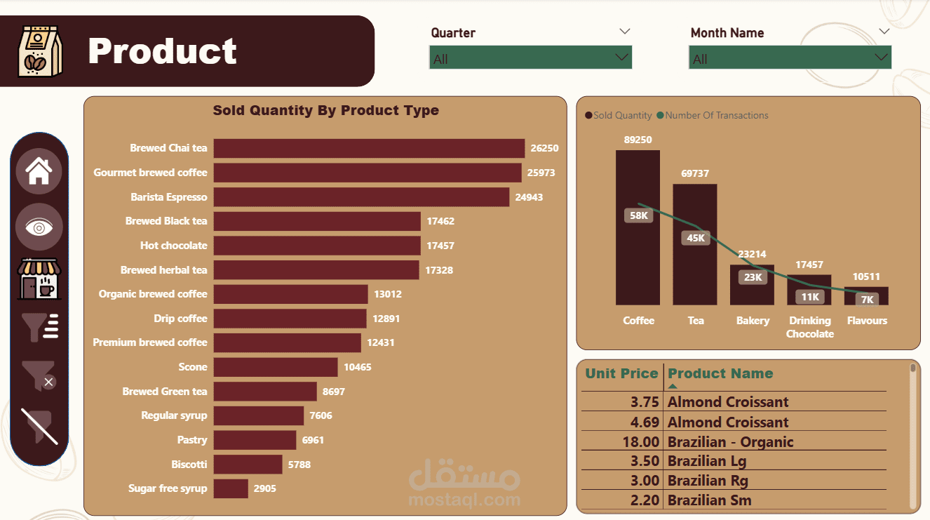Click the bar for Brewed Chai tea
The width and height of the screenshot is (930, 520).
(x=369, y=148)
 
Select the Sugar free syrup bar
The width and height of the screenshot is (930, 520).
(x=231, y=488)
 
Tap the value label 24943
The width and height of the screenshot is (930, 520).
(x=529, y=197)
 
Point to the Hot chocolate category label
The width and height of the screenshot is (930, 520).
(x=173, y=246)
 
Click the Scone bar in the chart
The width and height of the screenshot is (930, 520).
(x=276, y=367)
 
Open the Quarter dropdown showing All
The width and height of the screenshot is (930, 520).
(x=531, y=58)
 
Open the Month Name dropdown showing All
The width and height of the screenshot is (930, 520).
(x=790, y=58)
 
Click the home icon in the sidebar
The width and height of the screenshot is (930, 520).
(x=39, y=171)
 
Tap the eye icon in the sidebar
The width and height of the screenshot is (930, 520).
(x=39, y=227)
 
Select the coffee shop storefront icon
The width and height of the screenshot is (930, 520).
(x=39, y=279)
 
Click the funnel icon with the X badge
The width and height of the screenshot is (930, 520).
(x=39, y=375)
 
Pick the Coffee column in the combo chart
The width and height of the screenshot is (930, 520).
(x=638, y=227)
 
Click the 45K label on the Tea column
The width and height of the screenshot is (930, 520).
(x=696, y=238)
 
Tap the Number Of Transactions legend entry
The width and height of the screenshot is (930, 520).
(x=713, y=116)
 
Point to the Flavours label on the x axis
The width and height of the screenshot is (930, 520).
(x=867, y=321)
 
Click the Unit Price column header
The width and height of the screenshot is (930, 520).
(x=621, y=373)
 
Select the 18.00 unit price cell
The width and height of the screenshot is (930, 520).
(x=640, y=442)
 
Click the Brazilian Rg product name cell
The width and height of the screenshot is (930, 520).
(x=708, y=481)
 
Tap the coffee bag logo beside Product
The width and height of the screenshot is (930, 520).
(x=40, y=51)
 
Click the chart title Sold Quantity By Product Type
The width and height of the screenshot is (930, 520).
(x=326, y=110)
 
